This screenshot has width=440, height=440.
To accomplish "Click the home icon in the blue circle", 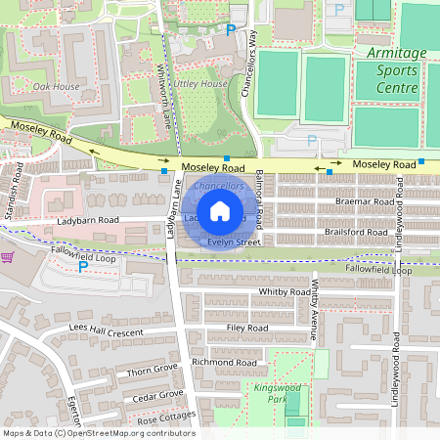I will point(220,210).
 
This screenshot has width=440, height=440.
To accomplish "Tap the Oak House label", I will point(56,86).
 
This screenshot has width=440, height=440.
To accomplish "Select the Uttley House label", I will point(200,84).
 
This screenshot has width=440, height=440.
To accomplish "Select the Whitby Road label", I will point(285,291).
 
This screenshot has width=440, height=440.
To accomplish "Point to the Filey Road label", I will point(246,328).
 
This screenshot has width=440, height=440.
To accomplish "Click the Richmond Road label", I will point(224,362).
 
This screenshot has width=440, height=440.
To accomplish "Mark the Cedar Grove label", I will point(156,395).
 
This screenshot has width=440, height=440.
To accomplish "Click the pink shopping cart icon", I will point(8,258).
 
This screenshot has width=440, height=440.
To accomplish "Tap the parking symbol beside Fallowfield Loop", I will point(83,266).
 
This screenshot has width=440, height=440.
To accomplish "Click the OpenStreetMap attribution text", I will point(98,433).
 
